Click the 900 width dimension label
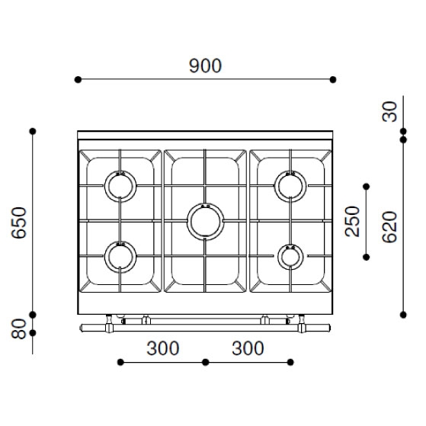206,66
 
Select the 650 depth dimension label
19,223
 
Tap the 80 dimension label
19,328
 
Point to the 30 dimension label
389,112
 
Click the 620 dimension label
389,227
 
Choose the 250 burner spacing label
352,222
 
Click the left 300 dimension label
163,348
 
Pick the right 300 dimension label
248,348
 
